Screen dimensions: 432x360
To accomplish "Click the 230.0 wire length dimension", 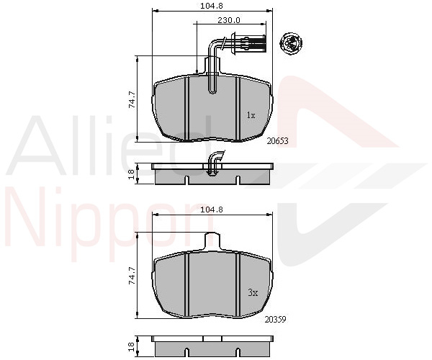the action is pos(229,20).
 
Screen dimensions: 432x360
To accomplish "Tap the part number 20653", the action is pos(277,141).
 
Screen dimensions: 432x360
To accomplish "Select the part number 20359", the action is pos(276,320).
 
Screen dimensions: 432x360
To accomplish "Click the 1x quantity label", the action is pos(251,115).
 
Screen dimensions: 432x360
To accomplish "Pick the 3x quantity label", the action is pos(253,292).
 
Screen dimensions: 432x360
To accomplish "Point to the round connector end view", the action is pos(291,43).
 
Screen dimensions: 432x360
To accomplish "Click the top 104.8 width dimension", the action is pos(211,6).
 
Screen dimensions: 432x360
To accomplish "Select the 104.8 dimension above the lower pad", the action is pos(211,210).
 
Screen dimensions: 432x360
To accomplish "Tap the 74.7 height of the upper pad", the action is pos(132,99).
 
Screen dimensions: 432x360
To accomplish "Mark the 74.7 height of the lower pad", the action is pos(132,276).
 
